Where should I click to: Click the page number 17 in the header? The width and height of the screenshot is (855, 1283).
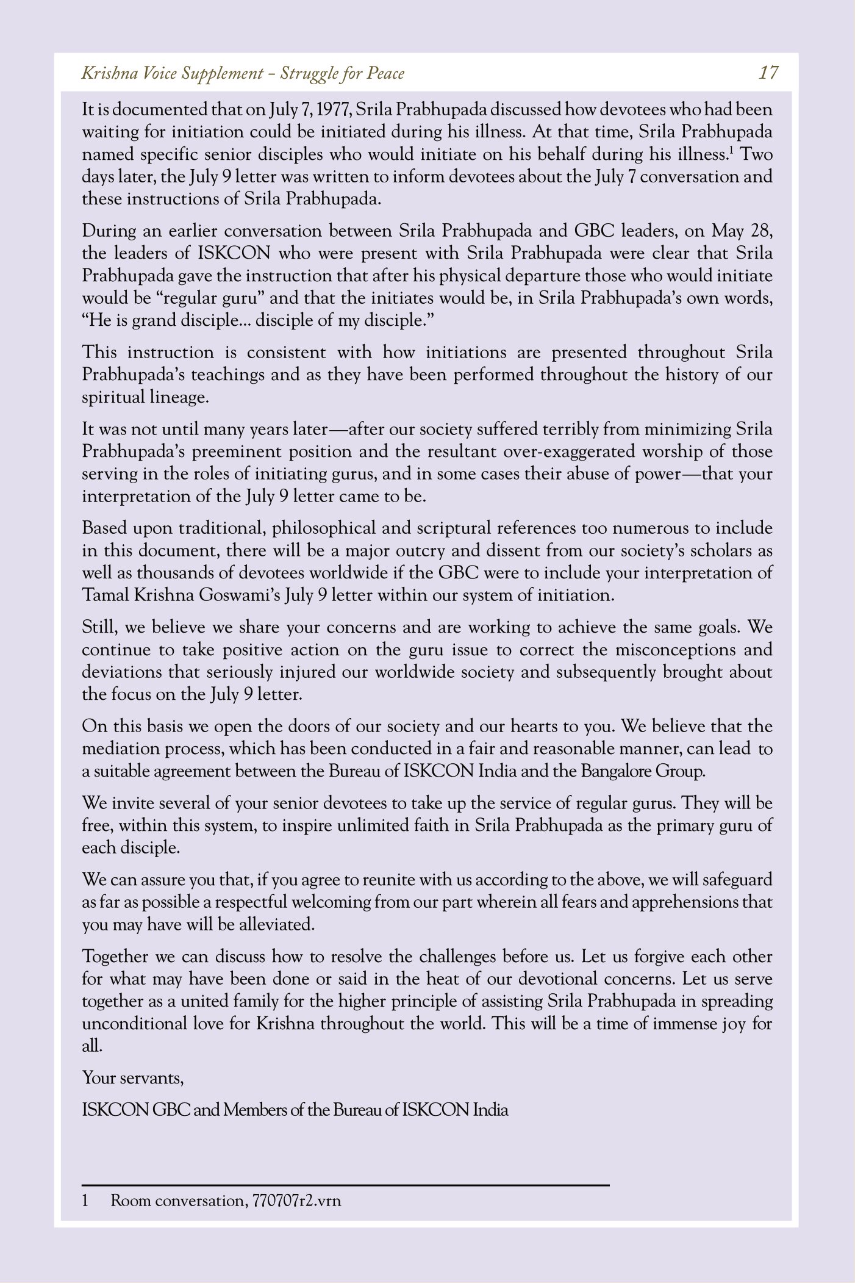(768, 73)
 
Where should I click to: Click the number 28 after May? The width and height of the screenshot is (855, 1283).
(763, 231)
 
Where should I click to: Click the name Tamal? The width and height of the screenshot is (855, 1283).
(105, 595)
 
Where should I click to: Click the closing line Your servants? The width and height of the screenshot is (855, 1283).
(133, 1078)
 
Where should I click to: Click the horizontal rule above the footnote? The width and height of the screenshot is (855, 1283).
(346, 1185)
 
